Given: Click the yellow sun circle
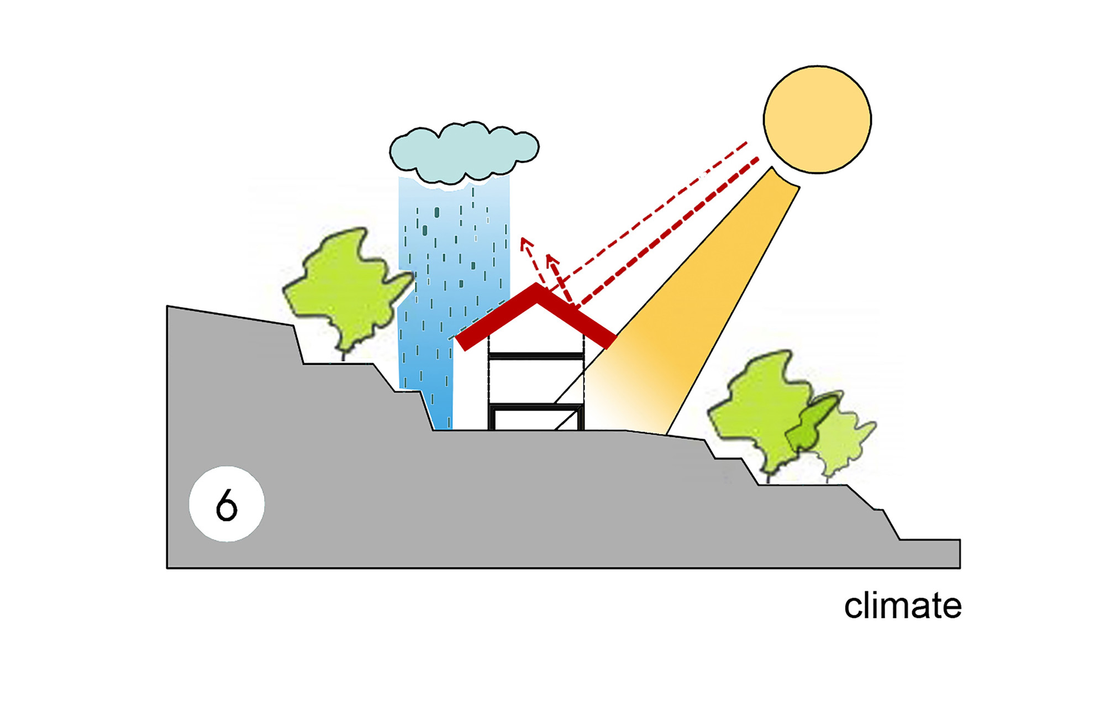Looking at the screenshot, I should click(x=817, y=119).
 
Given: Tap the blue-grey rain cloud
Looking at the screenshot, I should click(x=464, y=152).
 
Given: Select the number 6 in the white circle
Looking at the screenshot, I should click(x=227, y=505).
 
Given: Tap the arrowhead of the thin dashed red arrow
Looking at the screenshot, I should click(x=524, y=242).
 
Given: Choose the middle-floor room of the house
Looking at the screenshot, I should click(x=530, y=381).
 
